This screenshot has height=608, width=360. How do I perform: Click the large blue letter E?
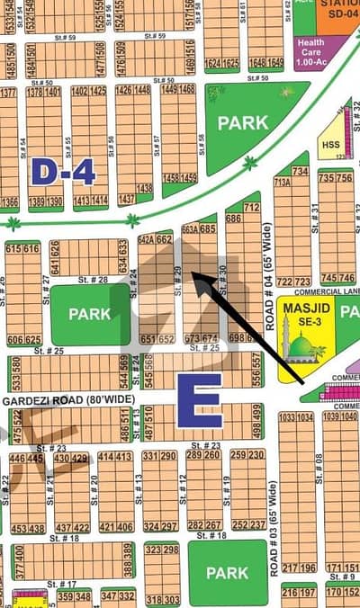tap(199, 401)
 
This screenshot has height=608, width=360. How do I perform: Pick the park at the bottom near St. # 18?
tap(226, 572)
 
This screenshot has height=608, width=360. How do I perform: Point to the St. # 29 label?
tap(178, 281)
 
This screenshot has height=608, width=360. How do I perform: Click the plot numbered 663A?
tap(190, 229)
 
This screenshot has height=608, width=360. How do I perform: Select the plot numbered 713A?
tap(282, 181)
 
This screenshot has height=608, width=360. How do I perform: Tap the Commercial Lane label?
tap(324, 291)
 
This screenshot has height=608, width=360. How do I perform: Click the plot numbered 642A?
tap(148, 239)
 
